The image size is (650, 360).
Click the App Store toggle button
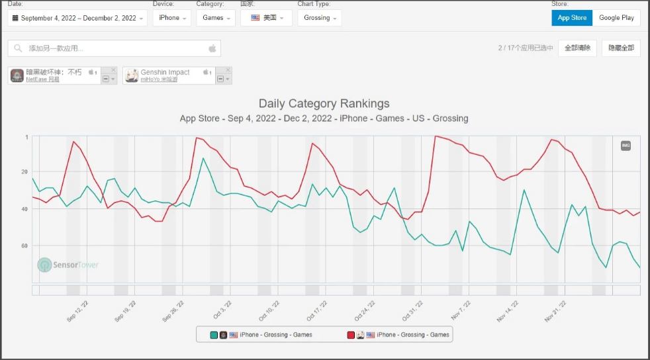coord(572,18)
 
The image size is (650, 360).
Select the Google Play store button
coord(616,18)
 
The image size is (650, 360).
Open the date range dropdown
coord(77,18)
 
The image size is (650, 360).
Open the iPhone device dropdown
coord(171,18)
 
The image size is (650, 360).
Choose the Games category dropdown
coord(215,18)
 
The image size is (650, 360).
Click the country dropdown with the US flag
coord(266,18)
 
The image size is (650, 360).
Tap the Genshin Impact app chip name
coord(165,72)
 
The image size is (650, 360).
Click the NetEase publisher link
coord(42,79)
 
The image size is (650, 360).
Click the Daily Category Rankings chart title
coord(324,103)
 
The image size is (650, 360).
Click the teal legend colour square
coord(214,335)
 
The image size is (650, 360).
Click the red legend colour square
coord(351,335)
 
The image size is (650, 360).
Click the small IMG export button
coord(626,146)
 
